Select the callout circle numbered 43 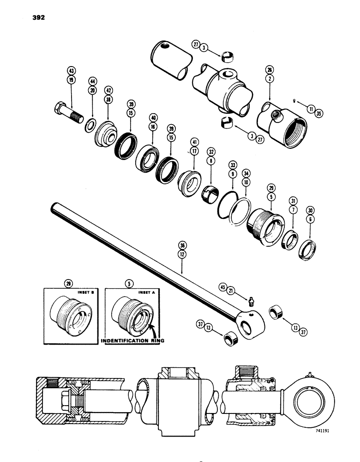(71, 70)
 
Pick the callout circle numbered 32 (211, 151)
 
